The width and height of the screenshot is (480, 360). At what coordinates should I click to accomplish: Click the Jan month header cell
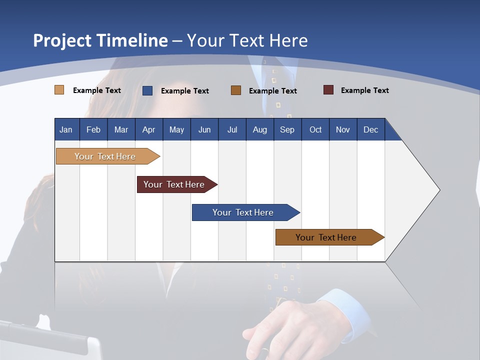pyautogui.click(x=66, y=129)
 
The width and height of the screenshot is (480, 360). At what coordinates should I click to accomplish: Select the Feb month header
pyautogui.click(x=93, y=129)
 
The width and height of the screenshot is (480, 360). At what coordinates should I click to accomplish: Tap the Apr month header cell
pyautogui.click(x=149, y=129)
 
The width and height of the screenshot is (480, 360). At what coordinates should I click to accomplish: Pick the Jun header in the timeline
pyautogui.click(x=204, y=129)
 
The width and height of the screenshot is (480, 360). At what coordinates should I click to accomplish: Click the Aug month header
pyautogui.click(x=260, y=129)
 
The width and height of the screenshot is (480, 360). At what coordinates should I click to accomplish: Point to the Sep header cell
pyautogui.click(x=287, y=129)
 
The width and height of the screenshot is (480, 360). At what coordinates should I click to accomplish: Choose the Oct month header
pyautogui.click(x=315, y=129)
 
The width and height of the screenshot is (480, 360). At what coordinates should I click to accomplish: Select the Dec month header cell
pyautogui.click(x=371, y=129)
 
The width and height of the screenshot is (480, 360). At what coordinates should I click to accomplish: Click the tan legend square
pyautogui.click(x=59, y=90)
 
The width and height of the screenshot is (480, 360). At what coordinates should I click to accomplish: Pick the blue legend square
pyautogui.click(x=147, y=90)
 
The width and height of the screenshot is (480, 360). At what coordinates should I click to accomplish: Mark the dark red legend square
pyautogui.click(x=328, y=90)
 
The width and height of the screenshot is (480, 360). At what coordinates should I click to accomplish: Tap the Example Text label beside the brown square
pyautogui.click(x=272, y=90)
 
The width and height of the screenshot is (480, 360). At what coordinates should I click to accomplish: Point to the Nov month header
pyautogui.click(x=343, y=129)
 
